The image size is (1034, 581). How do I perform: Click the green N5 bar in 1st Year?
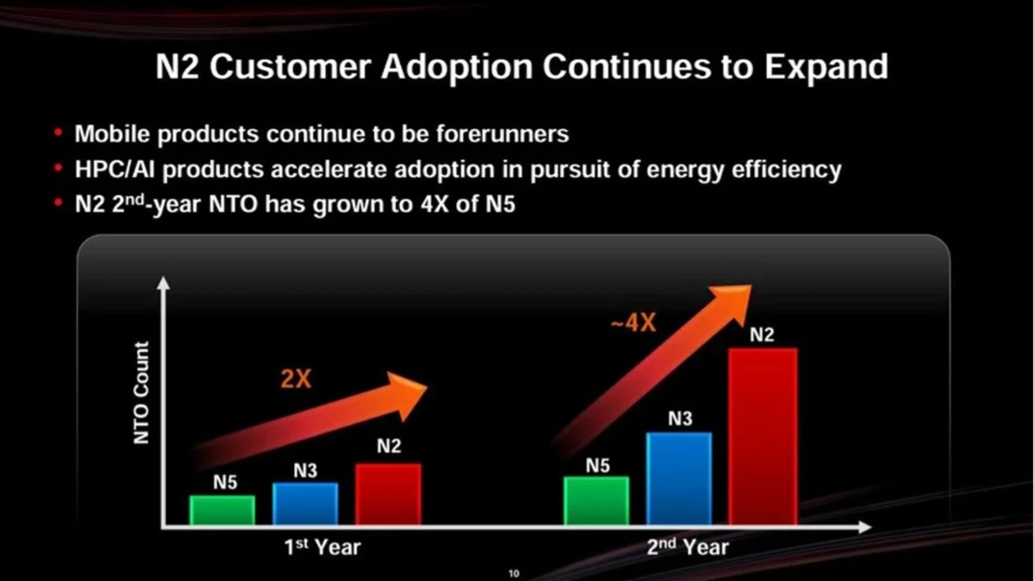tap(222, 510)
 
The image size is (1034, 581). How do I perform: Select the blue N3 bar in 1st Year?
tap(305, 504)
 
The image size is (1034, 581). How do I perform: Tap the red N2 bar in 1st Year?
tap(388, 494)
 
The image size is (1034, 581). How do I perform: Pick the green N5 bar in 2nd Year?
tap(597, 501)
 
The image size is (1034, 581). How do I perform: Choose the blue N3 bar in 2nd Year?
tap(679, 479)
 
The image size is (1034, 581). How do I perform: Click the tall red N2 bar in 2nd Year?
tap(763, 436)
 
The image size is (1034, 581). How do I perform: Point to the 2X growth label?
tap(296, 379)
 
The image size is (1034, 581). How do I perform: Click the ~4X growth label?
tap(633, 323)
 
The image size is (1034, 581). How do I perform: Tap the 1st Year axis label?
tap(323, 547)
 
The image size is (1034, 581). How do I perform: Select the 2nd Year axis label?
tap(688, 547)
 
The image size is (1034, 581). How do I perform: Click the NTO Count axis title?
tap(141, 393)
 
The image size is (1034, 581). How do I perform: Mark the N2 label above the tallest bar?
tap(762, 335)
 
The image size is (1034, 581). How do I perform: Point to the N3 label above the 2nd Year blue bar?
tap(680, 419)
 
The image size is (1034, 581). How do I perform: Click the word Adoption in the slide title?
tap(457, 67)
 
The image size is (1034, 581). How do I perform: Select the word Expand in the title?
tap(827, 67)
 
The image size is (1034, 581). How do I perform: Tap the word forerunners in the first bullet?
tap(502, 134)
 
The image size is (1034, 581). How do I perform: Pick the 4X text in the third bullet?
tap(434, 204)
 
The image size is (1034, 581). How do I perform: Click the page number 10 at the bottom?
tap(514, 573)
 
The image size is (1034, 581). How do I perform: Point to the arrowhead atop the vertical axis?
tap(163, 283)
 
